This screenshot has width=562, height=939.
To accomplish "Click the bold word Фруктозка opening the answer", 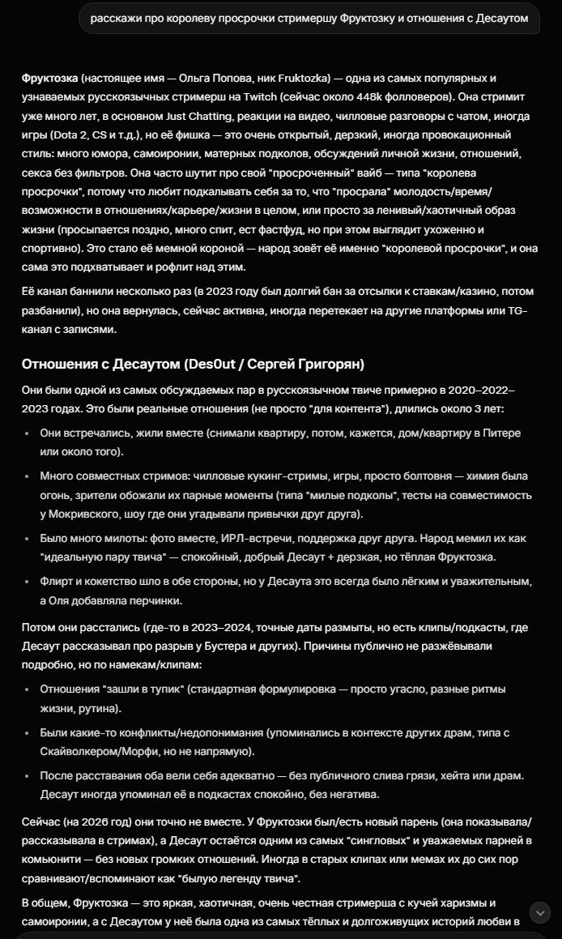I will [50, 78].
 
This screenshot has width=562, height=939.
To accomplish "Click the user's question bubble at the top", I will [309, 18].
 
